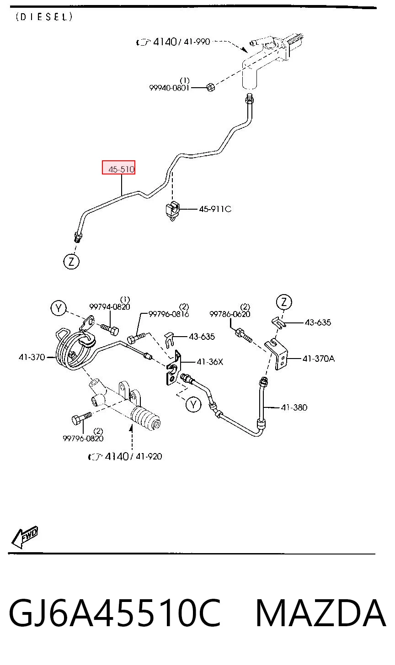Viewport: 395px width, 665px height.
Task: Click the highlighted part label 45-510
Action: (122, 169)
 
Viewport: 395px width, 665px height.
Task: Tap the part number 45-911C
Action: (215, 209)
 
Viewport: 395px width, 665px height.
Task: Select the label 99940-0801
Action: (169, 88)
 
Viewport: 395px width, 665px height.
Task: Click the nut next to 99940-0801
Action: (210, 87)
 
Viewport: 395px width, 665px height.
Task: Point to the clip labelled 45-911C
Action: (172, 210)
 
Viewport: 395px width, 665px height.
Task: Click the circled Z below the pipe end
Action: (71, 262)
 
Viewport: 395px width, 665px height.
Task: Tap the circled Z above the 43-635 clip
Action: (284, 302)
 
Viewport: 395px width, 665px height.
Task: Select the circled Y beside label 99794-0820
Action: (59, 308)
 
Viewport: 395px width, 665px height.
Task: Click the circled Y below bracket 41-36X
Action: (193, 404)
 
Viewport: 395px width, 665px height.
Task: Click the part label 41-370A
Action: (319, 359)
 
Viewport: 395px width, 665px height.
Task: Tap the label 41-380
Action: (294, 407)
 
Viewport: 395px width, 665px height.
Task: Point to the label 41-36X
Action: (210, 362)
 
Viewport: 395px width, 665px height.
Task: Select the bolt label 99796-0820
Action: (83, 438)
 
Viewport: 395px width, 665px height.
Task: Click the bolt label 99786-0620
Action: (230, 314)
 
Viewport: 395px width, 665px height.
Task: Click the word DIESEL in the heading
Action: (44, 17)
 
